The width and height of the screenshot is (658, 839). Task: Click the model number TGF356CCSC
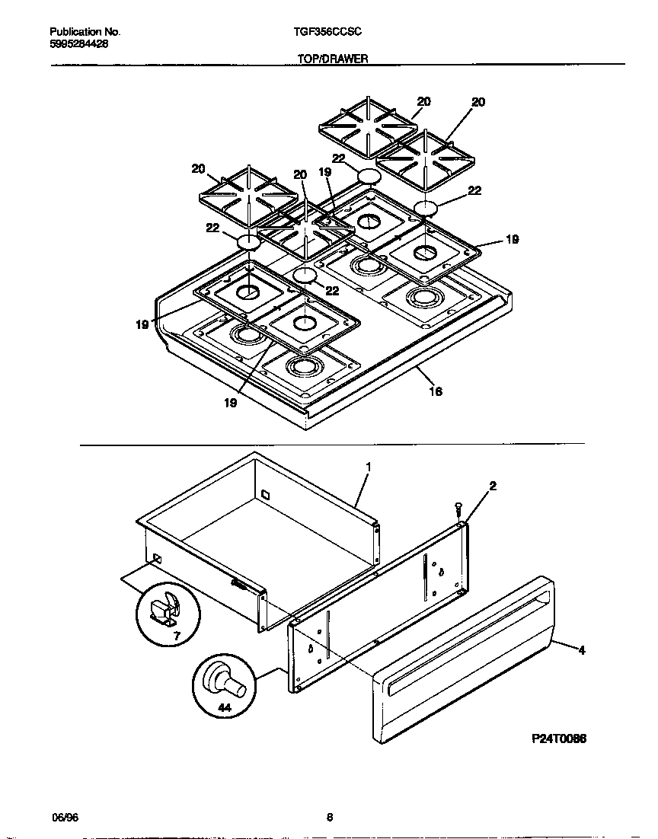[327, 32]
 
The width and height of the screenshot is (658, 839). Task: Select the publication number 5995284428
[78, 44]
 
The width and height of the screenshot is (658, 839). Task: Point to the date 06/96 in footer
[65, 818]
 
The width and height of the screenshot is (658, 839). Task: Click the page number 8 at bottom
[329, 818]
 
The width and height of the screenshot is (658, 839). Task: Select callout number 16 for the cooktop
[435, 391]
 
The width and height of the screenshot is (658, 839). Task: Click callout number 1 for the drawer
[368, 465]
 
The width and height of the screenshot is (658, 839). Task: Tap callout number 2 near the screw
[493, 486]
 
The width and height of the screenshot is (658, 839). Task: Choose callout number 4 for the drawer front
[581, 649]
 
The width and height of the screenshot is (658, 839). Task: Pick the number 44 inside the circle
[224, 707]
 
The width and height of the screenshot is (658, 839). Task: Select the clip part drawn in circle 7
[166, 608]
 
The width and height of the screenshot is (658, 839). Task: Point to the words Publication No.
[85, 32]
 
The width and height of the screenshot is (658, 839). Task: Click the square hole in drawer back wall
[265, 495]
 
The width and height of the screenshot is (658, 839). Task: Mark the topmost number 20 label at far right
[478, 102]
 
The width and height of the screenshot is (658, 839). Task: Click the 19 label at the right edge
[513, 239]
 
